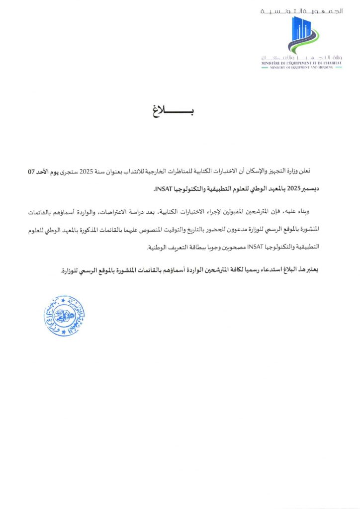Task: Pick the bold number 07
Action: (x=32, y=171)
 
